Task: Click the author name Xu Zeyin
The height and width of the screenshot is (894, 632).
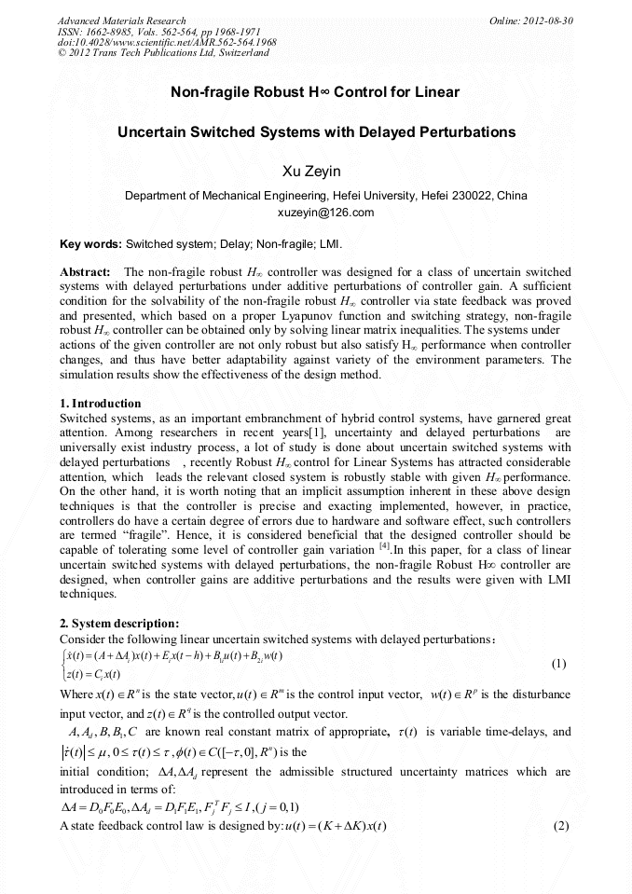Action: (315, 172)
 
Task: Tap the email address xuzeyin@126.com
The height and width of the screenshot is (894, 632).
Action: (326, 213)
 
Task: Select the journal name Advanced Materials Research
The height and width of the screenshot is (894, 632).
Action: (122, 21)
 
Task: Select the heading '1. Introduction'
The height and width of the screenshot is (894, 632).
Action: (100, 404)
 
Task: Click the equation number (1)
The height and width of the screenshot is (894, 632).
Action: (557, 664)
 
